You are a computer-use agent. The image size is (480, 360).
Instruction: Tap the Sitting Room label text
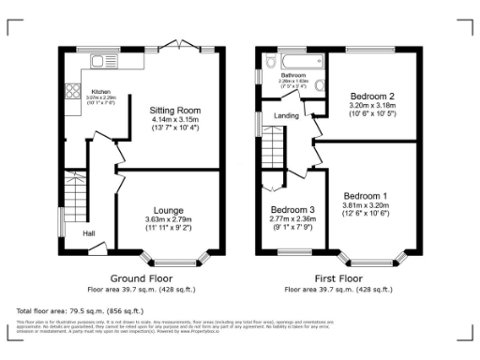tap(175, 110)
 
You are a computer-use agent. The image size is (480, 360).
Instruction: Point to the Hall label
tap(88, 233)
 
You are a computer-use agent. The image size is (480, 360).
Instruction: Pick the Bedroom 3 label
tap(292, 210)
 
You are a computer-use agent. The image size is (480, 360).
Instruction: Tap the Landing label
tap(286, 115)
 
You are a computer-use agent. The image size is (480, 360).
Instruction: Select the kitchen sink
tap(99, 62)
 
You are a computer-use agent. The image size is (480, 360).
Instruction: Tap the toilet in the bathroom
tap(321, 86)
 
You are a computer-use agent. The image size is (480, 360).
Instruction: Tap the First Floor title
tap(338, 278)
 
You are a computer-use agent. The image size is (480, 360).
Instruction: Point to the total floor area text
tap(80, 309)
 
